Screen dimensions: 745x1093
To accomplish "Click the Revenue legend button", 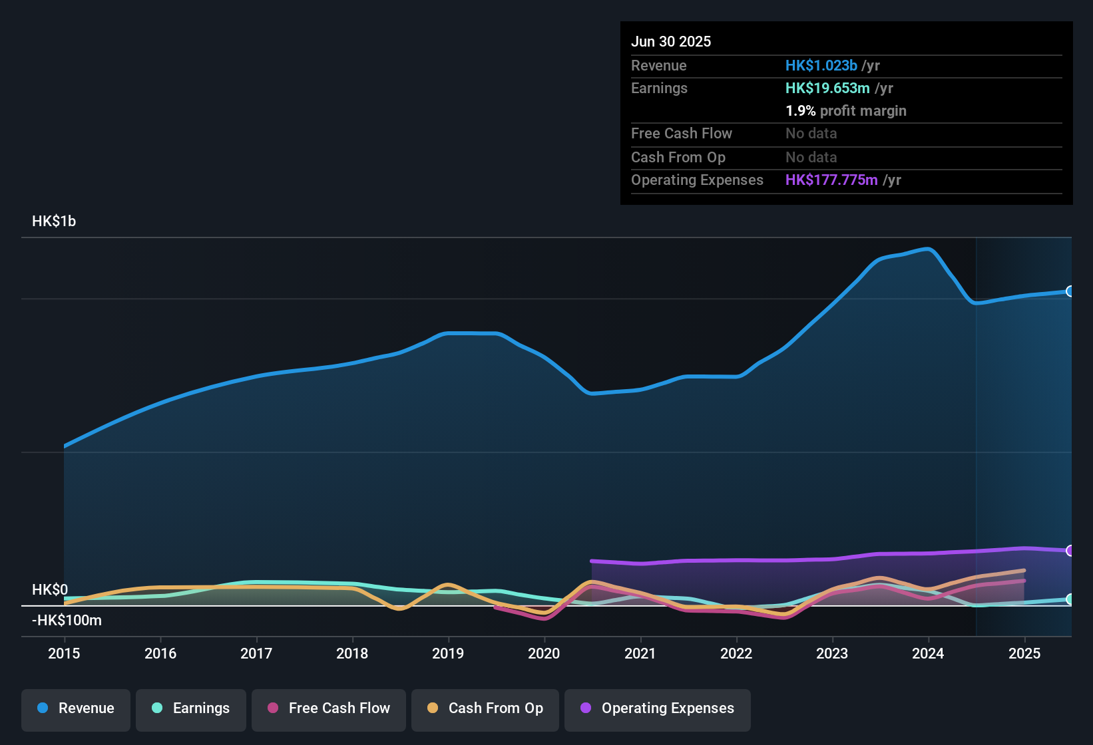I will point(76,708).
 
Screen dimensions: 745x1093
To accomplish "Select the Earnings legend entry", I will point(191,708).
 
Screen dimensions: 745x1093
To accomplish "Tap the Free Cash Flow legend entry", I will point(329,708).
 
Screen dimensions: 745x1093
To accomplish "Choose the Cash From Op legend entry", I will point(485,708).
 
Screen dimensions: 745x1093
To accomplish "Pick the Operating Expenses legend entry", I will point(658,708).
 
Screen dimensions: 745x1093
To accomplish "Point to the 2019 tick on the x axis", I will point(448,653).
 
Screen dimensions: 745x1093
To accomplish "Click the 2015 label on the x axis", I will point(64,653).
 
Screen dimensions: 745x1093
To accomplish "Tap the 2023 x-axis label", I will point(832,653).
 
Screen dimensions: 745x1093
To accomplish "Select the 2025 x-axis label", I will point(1024,653).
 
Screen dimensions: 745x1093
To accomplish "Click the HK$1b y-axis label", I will point(54,222).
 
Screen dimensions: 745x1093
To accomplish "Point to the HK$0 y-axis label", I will point(50,590).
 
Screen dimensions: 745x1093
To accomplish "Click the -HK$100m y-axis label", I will point(67,621).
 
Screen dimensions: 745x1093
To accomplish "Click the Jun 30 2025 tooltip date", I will point(671,42).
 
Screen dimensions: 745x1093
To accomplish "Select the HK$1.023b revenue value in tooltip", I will point(821,66).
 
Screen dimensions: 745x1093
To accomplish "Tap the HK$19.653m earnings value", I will point(827,88).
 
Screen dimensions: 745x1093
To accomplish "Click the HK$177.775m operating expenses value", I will point(831,180).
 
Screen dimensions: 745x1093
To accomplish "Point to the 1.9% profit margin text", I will point(846,111).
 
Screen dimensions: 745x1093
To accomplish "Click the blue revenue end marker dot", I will point(1070,291).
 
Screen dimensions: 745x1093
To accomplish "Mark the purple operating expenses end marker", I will point(1070,551).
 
